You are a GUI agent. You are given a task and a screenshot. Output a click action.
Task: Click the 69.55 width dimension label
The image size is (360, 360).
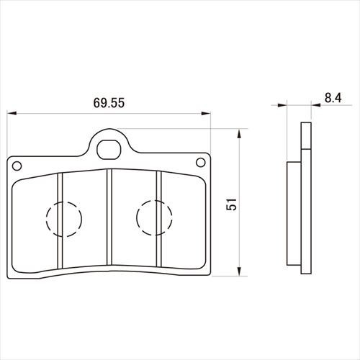(x=109, y=103)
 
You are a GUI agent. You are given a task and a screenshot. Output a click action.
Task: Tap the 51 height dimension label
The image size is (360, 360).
(x=232, y=204)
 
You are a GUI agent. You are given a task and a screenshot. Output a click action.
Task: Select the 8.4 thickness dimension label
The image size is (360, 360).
(x=333, y=98)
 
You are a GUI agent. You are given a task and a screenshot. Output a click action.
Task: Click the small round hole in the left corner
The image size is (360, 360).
(x=17, y=166)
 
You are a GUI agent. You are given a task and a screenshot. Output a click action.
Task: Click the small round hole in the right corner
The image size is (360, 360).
(x=201, y=163)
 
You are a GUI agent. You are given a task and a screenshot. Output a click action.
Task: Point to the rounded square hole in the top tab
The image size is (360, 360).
(x=108, y=150)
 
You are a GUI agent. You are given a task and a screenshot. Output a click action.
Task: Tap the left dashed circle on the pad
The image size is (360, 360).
(x=64, y=219)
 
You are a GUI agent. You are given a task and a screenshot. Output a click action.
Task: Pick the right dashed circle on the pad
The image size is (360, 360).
(x=154, y=217)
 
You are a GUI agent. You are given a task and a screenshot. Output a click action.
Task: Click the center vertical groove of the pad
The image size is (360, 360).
(x=109, y=217)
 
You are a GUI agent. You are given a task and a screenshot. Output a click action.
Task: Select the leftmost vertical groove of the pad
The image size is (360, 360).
(x=60, y=220)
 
